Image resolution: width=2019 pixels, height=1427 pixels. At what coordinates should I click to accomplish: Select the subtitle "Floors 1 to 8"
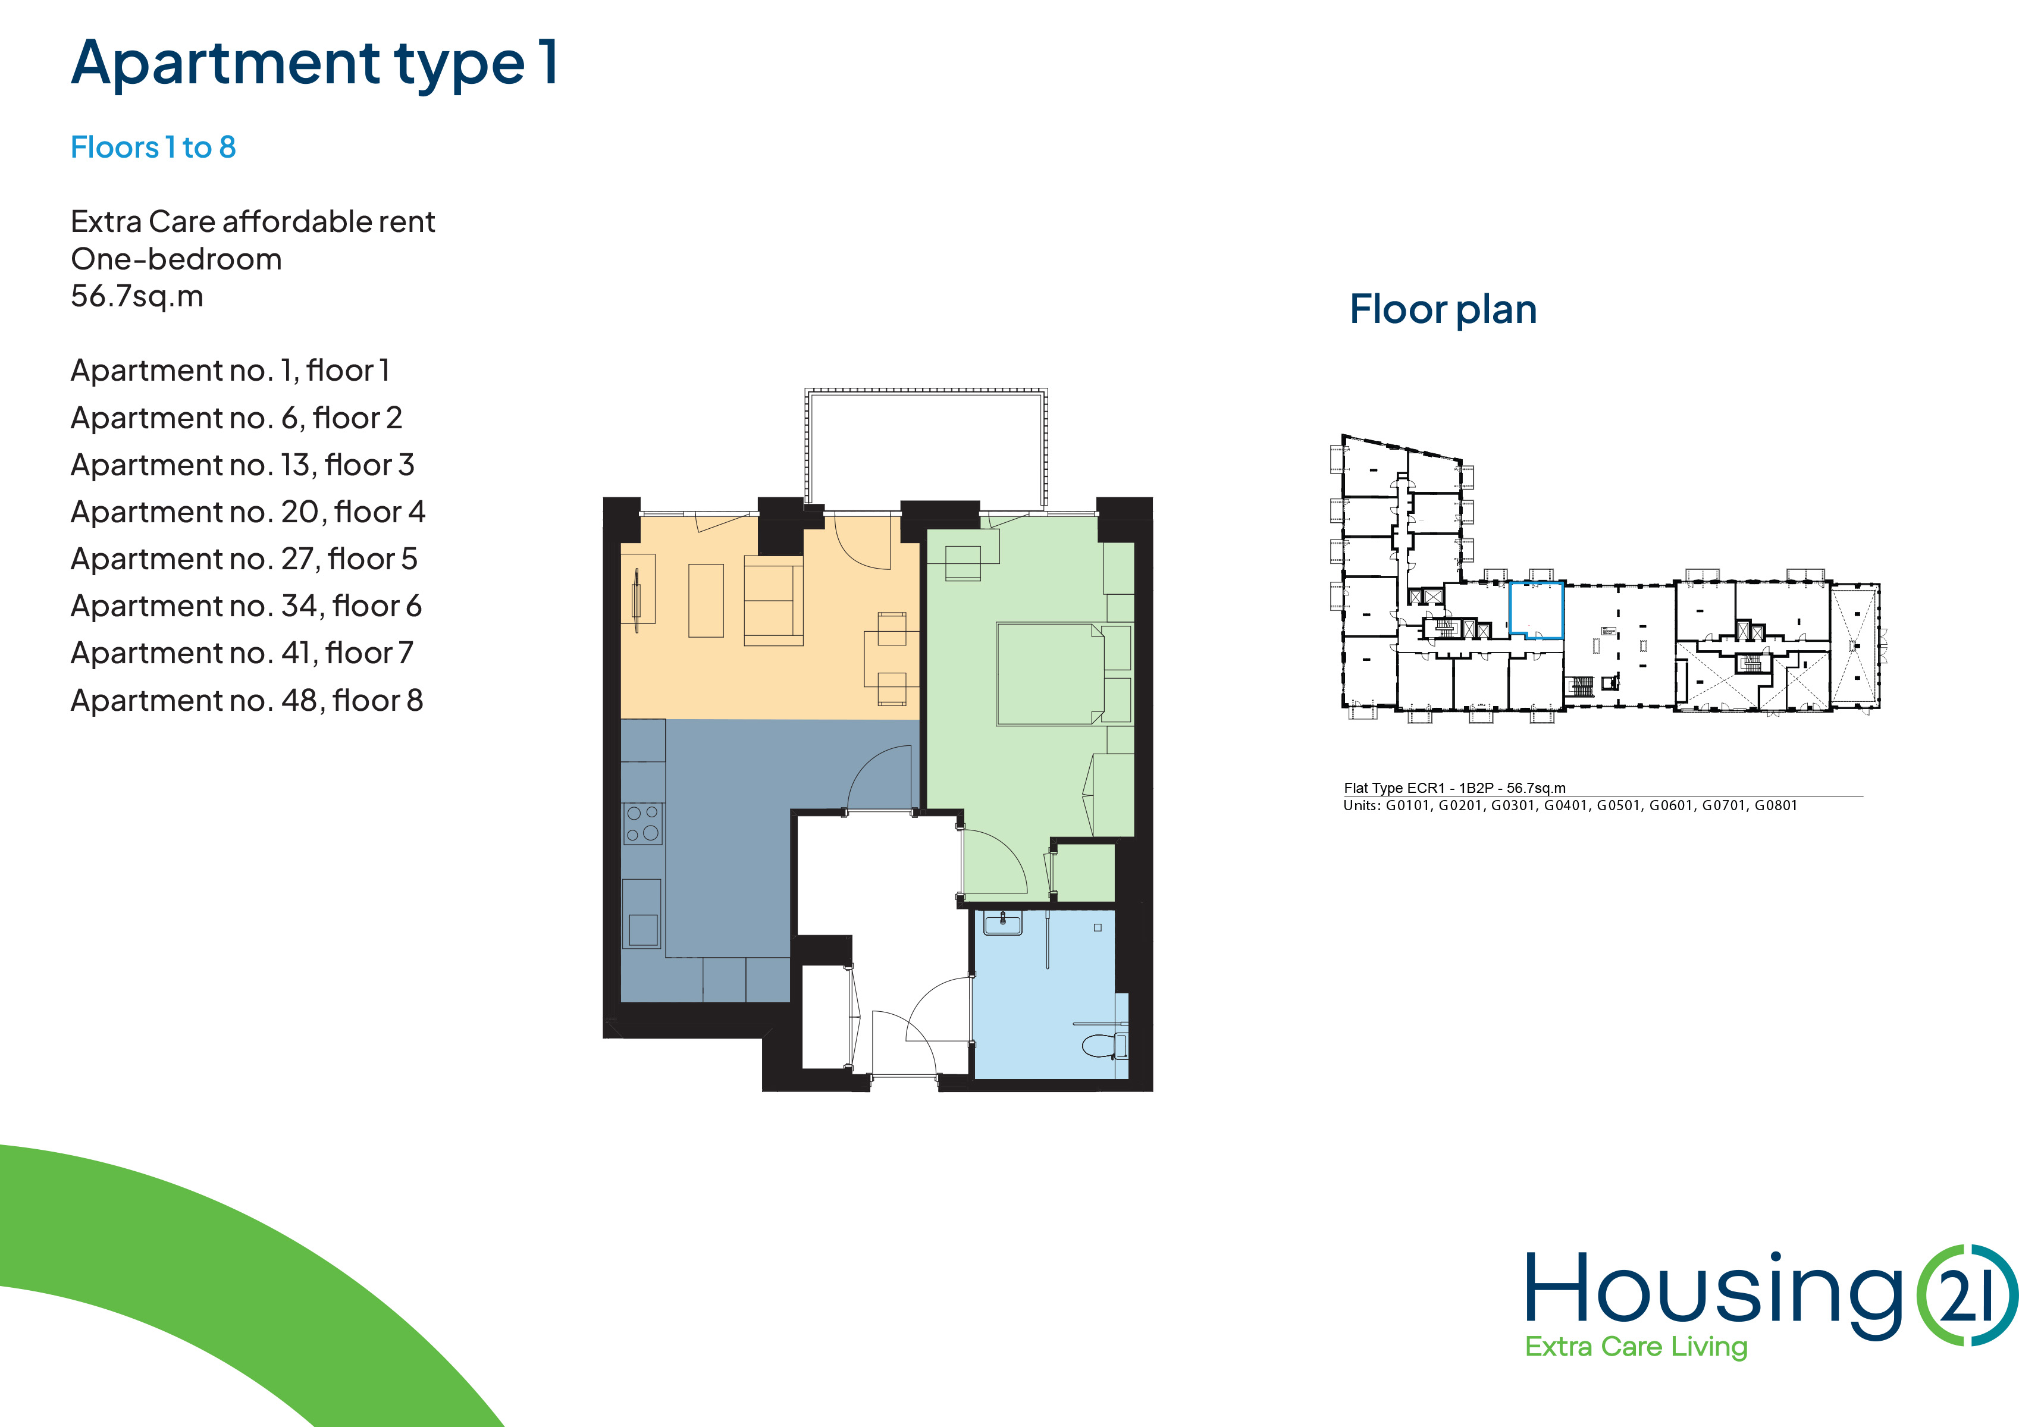click(153, 147)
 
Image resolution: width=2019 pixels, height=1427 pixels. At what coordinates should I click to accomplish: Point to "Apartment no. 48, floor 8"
click(246, 700)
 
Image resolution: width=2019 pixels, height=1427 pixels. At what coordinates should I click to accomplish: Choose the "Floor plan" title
click(1443, 309)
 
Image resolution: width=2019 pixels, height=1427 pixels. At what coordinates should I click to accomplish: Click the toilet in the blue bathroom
click(1105, 1045)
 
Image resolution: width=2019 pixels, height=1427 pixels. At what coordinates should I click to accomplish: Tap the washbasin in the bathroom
click(1002, 923)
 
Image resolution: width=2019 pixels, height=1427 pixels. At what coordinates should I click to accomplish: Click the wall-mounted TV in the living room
click(636, 600)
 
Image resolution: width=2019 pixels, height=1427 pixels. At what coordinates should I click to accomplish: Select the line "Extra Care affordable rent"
click(252, 221)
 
